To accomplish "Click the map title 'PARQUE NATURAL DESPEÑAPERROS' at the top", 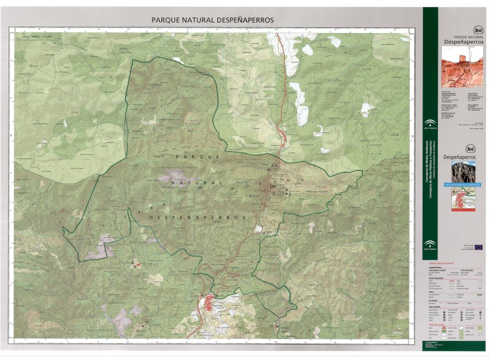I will point(212,21).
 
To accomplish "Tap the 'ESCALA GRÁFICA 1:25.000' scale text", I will point(36,36).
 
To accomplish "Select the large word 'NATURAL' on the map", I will point(197,183).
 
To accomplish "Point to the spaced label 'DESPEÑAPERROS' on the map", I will point(197,217).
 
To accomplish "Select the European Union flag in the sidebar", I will point(478,247).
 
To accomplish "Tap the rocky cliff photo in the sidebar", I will point(463,171).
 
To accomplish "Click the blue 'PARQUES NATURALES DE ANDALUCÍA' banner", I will point(463,184).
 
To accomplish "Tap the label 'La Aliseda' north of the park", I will point(246,52).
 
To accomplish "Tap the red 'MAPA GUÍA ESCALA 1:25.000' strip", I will point(463,210).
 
